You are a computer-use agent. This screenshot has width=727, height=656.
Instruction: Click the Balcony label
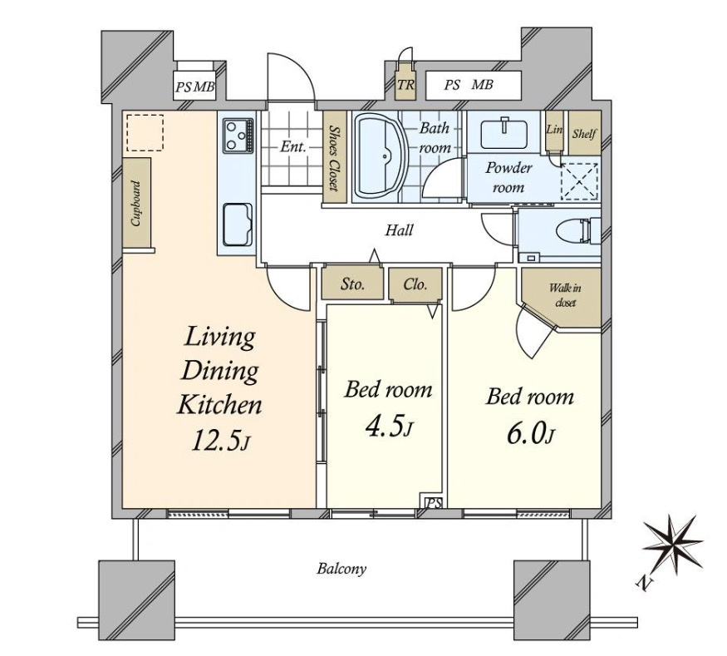[341, 569]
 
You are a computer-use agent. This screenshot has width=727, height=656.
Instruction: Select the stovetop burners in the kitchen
[238, 136]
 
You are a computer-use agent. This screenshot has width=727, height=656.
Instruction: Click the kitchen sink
[238, 225]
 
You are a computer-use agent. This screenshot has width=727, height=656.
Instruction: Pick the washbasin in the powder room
[503, 134]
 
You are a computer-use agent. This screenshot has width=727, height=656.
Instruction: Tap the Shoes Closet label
[334, 158]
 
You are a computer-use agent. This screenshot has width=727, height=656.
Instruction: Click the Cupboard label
[136, 203]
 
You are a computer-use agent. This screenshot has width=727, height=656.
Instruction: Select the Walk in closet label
[565, 295]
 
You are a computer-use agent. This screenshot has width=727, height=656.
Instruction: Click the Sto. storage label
[352, 284]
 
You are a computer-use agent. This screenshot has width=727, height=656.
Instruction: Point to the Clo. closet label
[415, 284]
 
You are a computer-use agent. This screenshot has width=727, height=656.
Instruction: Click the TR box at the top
[405, 85]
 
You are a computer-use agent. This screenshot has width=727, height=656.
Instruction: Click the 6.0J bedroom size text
[530, 434]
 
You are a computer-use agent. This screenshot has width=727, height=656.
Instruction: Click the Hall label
[399, 230]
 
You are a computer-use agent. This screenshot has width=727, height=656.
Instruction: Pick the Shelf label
[584, 134]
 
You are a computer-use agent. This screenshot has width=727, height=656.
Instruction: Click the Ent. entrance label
[293, 147]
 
